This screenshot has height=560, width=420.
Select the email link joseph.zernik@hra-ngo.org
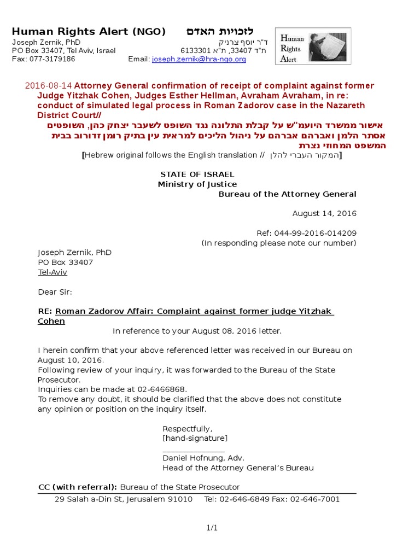199,59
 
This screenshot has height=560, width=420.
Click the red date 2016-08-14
49,86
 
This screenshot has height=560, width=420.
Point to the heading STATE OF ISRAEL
197,174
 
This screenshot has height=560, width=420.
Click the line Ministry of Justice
197,184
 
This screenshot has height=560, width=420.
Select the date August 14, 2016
324,213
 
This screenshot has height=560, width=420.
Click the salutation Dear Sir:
55,292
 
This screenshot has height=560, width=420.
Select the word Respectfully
187,428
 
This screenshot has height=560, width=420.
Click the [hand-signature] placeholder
195,438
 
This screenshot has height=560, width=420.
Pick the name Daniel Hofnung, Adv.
203,458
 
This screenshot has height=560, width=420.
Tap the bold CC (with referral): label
77,487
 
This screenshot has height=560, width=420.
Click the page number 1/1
212,528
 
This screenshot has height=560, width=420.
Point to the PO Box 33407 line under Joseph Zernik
65,262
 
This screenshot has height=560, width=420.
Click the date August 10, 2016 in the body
71,360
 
